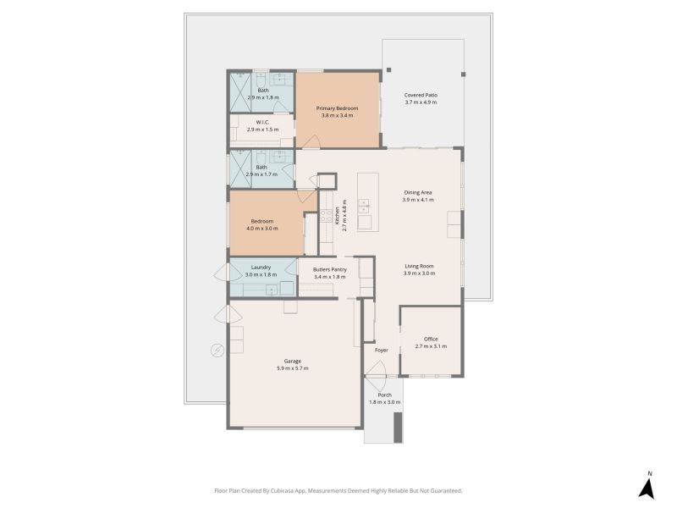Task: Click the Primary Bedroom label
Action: point(337,108)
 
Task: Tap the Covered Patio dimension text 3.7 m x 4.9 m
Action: point(421,102)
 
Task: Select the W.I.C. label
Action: point(262,122)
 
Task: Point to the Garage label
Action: point(292,362)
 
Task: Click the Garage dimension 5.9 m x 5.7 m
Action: point(292,368)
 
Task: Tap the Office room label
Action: point(431,340)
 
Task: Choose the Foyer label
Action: point(382,351)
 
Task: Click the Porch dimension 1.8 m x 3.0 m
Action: point(384,402)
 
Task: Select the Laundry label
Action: point(261,268)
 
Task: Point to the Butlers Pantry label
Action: point(330,269)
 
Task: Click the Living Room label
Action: point(419,266)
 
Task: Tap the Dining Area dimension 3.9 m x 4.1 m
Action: point(418,200)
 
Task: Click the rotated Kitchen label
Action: point(337,216)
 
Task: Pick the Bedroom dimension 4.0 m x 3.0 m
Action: point(262,229)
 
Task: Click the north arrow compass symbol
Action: point(647,489)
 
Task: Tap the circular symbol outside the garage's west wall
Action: point(217,350)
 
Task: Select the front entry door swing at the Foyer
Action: point(376,369)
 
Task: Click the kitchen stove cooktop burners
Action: point(326,215)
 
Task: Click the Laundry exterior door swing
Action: point(222,272)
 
